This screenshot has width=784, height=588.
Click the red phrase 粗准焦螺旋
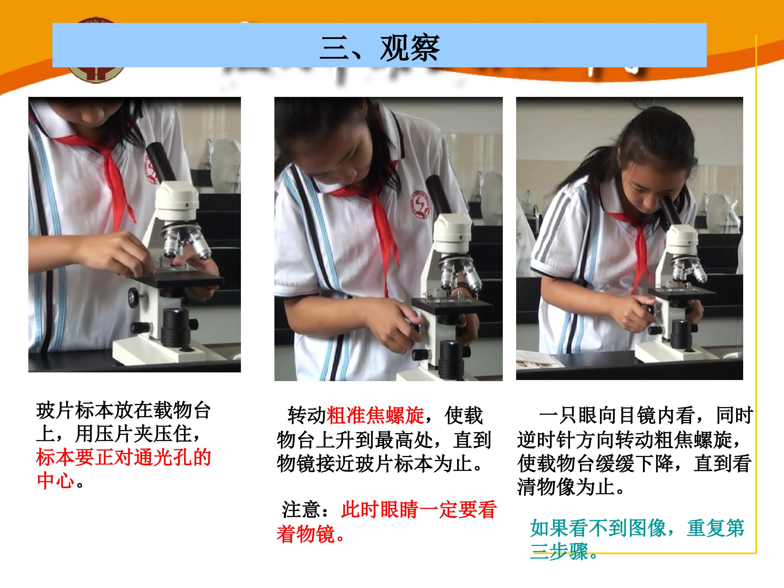coord(375,415)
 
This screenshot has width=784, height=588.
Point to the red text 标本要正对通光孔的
coord(124,457)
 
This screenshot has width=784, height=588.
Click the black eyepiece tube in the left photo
coord(161,162)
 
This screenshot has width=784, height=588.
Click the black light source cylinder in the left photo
coord(175,328)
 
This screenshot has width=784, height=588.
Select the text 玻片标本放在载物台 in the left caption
coord(124,411)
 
